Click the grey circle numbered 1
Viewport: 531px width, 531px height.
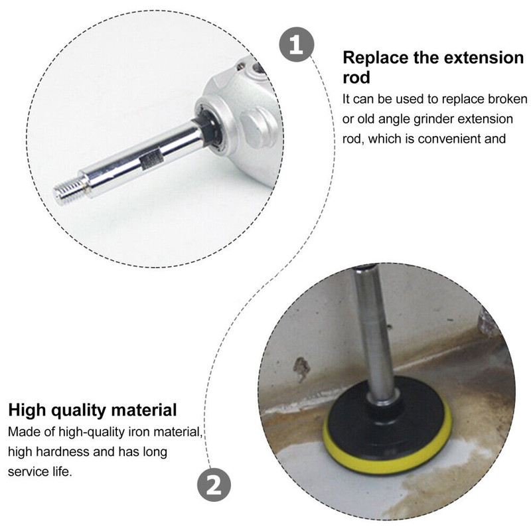[296, 44]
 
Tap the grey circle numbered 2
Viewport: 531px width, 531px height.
[214, 485]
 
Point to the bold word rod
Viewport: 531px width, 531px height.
[356, 77]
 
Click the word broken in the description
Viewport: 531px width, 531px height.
[508, 99]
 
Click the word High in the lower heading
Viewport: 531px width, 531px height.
[27, 410]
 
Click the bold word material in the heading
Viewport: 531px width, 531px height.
[144, 410]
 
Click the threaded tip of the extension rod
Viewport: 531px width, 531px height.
[68, 192]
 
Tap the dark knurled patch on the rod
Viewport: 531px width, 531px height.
[152, 160]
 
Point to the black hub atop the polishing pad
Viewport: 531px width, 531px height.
[385, 405]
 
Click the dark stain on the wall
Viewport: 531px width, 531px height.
[301, 368]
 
